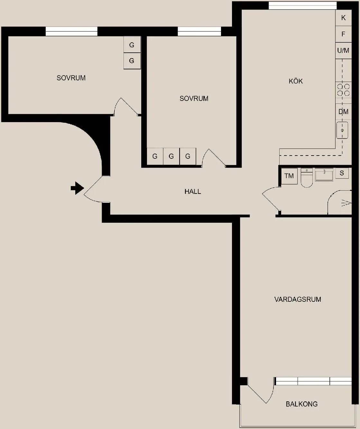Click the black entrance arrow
tap(77, 188)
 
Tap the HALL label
tap(193, 192)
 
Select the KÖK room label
tap(296, 81)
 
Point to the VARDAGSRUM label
tap(298, 299)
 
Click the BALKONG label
tap(301, 404)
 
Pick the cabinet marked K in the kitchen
tap(343, 18)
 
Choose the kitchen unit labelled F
tap(343, 34)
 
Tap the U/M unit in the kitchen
tap(343, 50)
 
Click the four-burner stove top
tap(344, 90)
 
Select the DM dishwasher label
tap(343, 112)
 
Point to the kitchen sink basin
tap(342, 130)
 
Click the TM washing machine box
tap(289, 176)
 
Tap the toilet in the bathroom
tap(307, 178)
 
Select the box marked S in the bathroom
tap(342, 173)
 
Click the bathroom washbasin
tap(324, 174)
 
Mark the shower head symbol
tap(346, 203)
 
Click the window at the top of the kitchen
tap(302, 5)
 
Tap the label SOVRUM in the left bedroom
tap(71, 78)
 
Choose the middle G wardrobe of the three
tap(171, 156)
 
